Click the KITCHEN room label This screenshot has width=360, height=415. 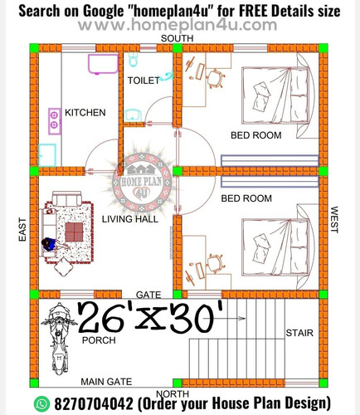[85, 113]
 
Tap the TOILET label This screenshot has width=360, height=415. [144, 81]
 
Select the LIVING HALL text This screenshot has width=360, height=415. [130, 219]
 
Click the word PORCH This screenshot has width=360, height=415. [99, 340]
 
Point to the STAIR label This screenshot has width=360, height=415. [299, 333]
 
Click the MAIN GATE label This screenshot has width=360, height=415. [106, 382]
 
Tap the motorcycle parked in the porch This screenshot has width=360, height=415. [59, 339]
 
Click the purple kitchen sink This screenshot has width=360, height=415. [103, 64]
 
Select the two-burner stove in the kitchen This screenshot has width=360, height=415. [55, 121]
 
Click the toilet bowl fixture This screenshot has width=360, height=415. [134, 60]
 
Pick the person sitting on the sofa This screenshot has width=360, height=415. [50, 245]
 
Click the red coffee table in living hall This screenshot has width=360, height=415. [74, 232]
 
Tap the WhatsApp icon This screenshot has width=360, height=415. [41, 403]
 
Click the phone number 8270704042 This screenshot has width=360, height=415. [94, 403]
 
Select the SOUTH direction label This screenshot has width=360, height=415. [177, 38]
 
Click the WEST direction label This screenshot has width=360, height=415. [334, 220]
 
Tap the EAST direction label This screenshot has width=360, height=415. [22, 229]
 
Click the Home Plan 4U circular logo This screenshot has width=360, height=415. [142, 183]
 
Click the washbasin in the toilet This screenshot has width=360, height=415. [133, 115]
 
